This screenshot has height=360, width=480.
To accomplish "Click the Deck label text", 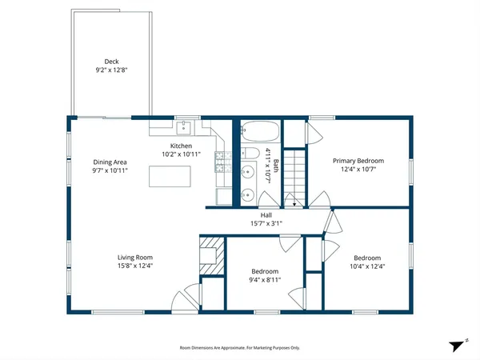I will [111, 62].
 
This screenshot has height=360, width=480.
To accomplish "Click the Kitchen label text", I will [181, 146].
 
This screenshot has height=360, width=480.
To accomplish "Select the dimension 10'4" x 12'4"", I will [367, 266].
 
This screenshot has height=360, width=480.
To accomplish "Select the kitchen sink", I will [185, 126].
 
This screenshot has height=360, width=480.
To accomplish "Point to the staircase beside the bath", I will [297, 175].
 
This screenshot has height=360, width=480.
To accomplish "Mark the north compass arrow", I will [458, 344].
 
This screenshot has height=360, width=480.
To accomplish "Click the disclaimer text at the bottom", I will [239, 347].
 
